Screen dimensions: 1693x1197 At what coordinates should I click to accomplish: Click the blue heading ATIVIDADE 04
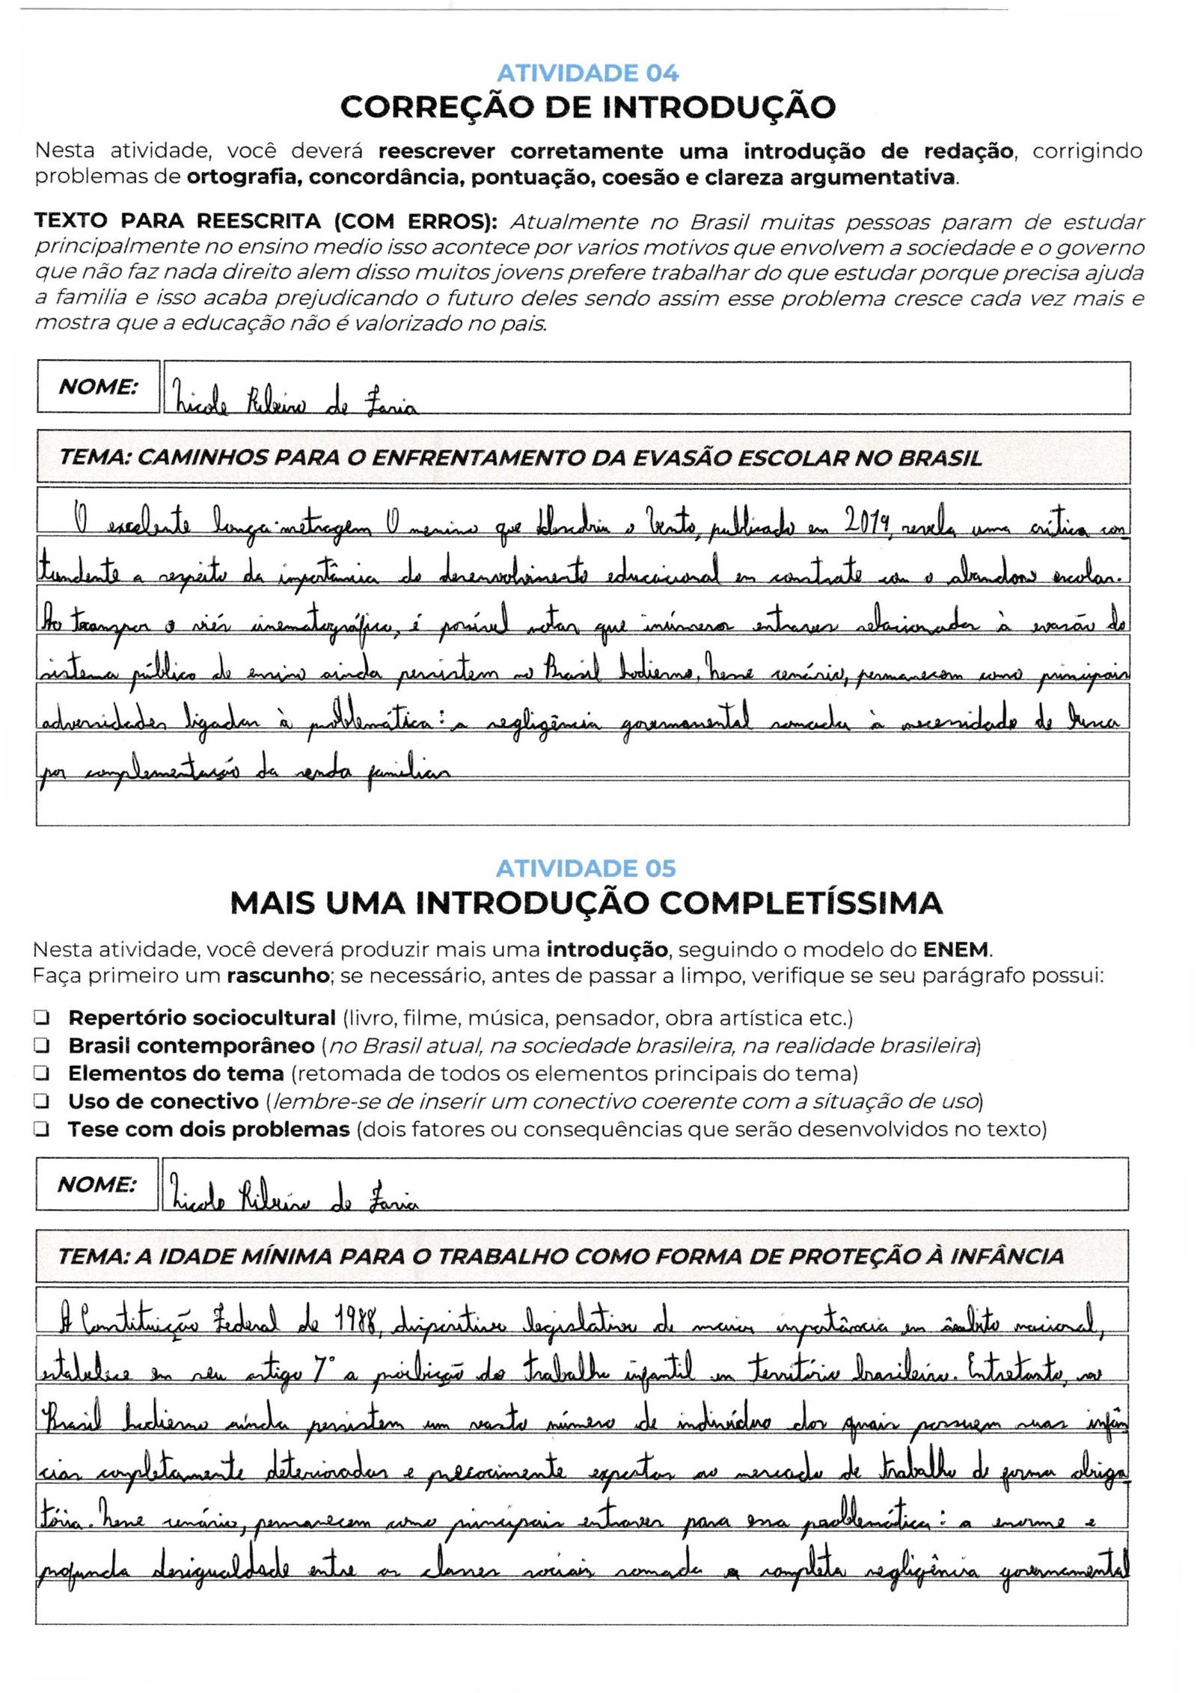click(587, 73)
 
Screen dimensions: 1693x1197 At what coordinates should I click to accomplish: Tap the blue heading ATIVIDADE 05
click(586, 869)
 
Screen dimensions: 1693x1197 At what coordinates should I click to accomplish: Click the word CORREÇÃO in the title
click(433, 108)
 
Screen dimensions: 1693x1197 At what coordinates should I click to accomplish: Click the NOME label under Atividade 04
click(98, 387)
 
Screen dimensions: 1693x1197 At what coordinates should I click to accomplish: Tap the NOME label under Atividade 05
click(97, 1184)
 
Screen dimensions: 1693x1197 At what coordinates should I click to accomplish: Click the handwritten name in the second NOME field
click(295, 1201)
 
